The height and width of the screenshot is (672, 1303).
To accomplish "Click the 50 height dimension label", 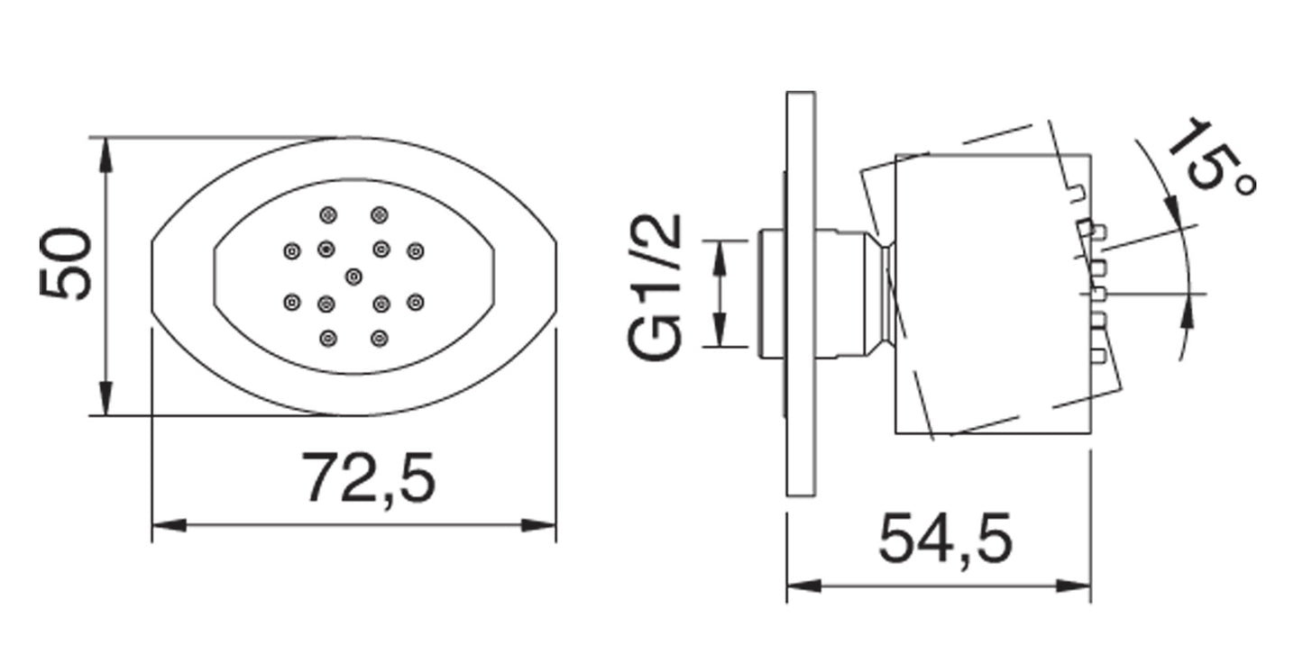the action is coord(66,265).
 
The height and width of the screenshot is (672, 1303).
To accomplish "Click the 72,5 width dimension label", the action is coord(369,477).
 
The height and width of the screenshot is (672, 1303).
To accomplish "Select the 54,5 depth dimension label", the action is coord(945,539).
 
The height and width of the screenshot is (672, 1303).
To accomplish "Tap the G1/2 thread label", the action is coord(655,287).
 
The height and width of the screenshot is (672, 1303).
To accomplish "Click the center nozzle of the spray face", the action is coord(353,277).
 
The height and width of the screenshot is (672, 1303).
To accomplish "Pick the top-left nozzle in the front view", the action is coord(328,215).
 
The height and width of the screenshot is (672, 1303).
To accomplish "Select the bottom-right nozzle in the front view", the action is coord(380,338).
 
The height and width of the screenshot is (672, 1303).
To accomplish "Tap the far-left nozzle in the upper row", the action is coord(291,251).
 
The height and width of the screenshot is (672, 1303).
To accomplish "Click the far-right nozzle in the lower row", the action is coord(416,302).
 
